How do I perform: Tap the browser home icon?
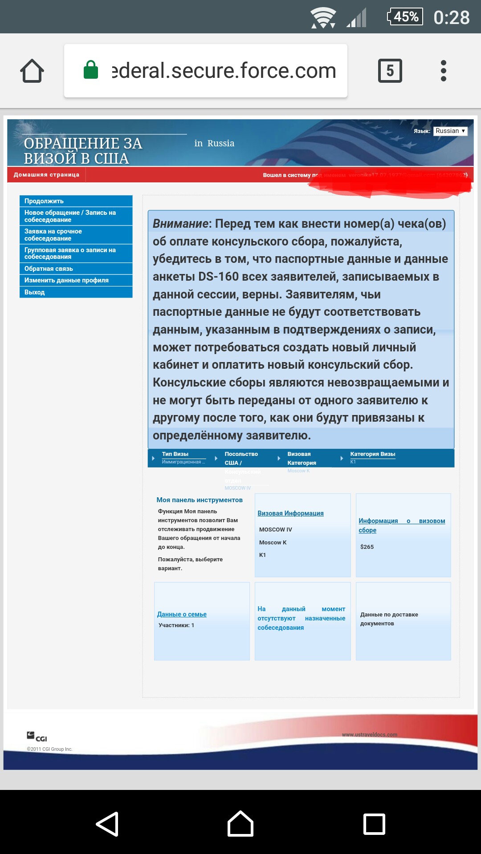[x=32, y=71]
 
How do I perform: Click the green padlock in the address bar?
[x=91, y=70]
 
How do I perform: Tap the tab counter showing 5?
[x=390, y=71]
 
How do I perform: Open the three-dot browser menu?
[x=443, y=71]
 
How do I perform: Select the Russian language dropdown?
[x=450, y=131]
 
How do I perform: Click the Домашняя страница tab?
[x=46, y=175]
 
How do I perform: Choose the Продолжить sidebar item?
[x=76, y=201]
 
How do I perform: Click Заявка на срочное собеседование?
[x=76, y=235]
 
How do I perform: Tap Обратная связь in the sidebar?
[x=76, y=269]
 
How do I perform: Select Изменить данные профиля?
[x=76, y=280]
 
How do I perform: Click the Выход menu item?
[x=76, y=292]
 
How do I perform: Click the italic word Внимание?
[x=180, y=224]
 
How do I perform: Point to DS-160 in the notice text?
[x=218, y=277]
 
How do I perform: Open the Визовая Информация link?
[x=290, y=513]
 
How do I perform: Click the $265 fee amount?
[x=367, y=547]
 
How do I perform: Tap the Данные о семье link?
[x=182, y=614]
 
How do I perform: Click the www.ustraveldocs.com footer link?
[x=369, y=734]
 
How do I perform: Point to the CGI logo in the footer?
[x=37, y=737]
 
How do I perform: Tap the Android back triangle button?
[x=107, y=824]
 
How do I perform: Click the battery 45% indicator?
[x=405, y=17]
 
